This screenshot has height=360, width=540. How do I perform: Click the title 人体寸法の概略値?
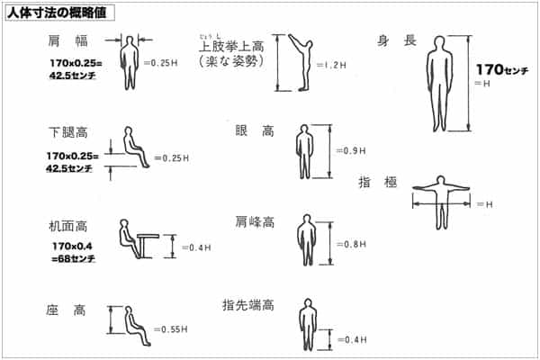[x=58, y=13]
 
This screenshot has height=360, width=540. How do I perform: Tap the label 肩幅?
[x=67, y=41]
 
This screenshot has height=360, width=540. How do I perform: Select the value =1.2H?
[x=331, y=65]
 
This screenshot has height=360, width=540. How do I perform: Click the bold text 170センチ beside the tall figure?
[x=502, y=69]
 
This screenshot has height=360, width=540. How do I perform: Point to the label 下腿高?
[x=68, y=132]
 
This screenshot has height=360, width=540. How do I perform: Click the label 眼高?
[x=255, y=130]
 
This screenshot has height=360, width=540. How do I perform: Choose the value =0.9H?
[x=351, y=150]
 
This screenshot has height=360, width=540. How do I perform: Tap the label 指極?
[x=378, y=182]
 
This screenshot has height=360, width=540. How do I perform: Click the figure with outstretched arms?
[x=441, y=202]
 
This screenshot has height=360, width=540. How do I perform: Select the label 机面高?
[x=67, y=226]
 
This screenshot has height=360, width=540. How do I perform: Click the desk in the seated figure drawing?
[x=148, y=246]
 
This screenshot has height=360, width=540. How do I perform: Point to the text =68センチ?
[x=73, y=258]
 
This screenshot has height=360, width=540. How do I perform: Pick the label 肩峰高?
[x=255, y=222]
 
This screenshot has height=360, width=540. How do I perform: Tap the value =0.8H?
[x=351, y=244]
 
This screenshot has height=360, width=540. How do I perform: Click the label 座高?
[x=66, y=310]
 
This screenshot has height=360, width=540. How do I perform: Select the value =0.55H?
[x=171, y=329]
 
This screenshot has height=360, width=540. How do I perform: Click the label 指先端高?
[x=248, y=305]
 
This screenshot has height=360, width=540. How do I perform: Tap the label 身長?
[x=397, y=40]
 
